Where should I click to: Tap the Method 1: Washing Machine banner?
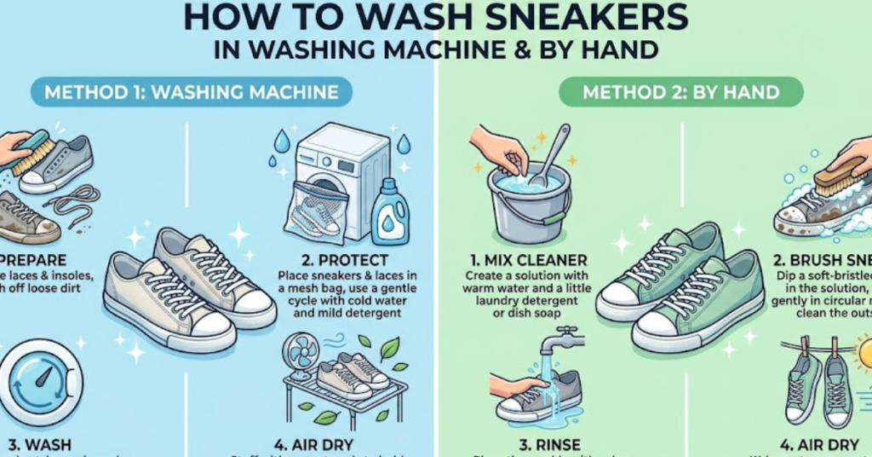(192, 91)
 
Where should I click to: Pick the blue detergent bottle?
(390, 212)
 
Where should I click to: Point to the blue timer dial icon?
(38, 381)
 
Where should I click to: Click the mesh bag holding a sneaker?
(316, 213)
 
